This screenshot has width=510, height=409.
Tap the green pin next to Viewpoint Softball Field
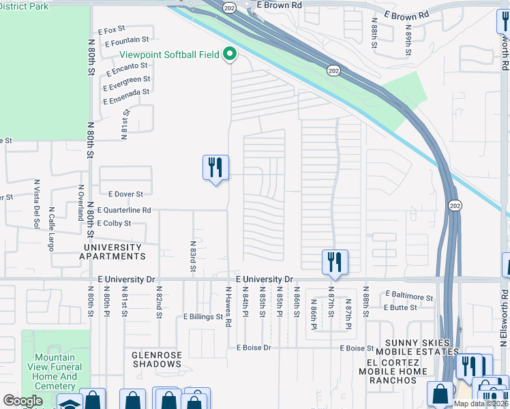coord(230,54)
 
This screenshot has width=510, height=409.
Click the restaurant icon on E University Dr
coord(335,262)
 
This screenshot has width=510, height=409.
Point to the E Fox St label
coord(112,30)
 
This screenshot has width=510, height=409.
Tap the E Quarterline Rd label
coord(125,211)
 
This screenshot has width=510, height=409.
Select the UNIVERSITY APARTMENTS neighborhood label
coord(112,252)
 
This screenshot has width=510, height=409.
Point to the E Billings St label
coord(203,317)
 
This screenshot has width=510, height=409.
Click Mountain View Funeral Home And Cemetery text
coord(55,372)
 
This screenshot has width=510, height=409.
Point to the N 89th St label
coord(408,42)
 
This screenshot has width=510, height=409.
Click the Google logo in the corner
coord(22,401)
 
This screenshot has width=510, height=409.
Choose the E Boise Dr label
coord(254,348)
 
